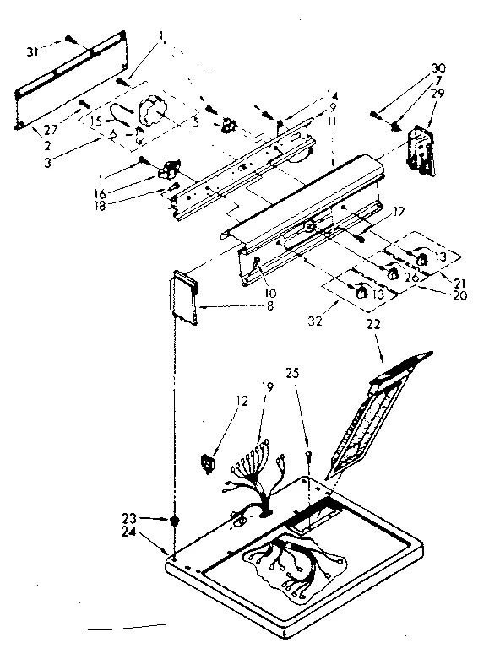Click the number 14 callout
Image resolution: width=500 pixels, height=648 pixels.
(332, 96)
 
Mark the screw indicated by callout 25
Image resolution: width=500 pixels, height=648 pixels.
(311, 456)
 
